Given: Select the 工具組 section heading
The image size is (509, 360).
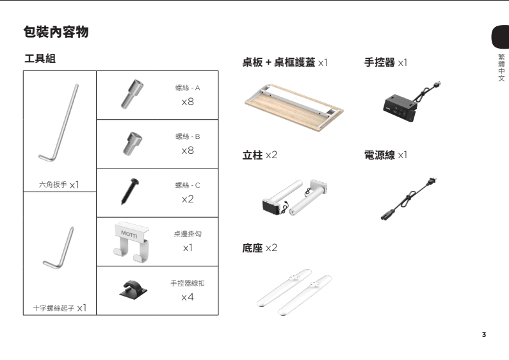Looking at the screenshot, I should [x=40, y=59].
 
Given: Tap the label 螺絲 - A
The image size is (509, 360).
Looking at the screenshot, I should [x=187, y=88].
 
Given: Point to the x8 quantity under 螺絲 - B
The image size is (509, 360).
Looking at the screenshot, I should [x=187, y=151].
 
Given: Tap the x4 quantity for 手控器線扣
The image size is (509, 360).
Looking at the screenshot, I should [x=187, y=297].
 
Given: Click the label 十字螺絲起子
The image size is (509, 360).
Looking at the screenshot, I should [x=54, y=308].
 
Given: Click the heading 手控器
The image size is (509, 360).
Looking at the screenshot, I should [x=379, y=63].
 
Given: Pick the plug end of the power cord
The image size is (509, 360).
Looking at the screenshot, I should [x=437, y=181].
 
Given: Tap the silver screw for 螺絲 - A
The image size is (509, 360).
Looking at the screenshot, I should [x=131, y=93].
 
